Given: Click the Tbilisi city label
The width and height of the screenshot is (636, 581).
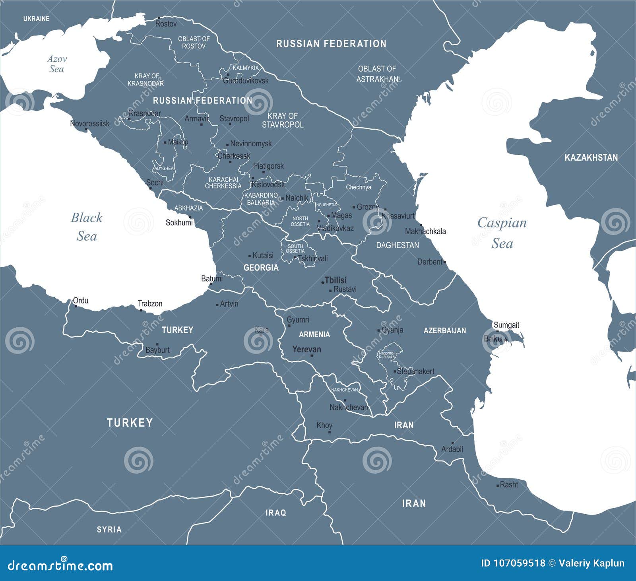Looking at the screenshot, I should pyautogui.click(x=336, y=280).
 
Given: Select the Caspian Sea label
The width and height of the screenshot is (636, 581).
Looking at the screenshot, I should pyautogui.click(x=502, y=233).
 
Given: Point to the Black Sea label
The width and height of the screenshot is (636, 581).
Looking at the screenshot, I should pyautogui.click(x=87, y=227).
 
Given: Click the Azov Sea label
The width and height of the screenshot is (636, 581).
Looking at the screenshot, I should pyautogui.click(x=56, y=64).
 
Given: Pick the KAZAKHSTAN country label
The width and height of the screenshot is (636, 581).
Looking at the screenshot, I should pyautogui.click(x=591, y=157).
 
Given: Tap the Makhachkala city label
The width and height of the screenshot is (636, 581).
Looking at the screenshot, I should pyautogui.click(x=425, y=231).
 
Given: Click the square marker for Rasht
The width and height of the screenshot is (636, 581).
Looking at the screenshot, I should pyautogui.click(x=498, y=485).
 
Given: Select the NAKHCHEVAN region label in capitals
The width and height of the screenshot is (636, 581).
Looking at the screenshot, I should pyautogui.click(x=344, y=390).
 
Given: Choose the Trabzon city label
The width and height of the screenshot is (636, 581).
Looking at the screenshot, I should pyautogui.click(x=150, y=303).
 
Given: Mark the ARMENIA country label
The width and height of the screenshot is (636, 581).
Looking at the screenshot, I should pyautogui.click(x=314, y=334).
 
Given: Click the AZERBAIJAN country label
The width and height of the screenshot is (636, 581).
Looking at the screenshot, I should pyautogui.click(x=444, y=330).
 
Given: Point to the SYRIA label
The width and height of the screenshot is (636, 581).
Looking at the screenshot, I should pyautogui.click(x=109, y=529).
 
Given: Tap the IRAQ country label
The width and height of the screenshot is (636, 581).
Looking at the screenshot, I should pyautogui.click(x=275, y=513).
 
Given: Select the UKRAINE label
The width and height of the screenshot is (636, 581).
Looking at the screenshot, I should pyautogui.click(x=36, y=19).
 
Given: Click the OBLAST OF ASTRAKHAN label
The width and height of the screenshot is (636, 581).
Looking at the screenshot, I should pyautogui.click(x=377, y=74).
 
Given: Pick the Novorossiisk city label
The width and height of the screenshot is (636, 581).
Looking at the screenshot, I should pyautogui.click(x=89, y=123).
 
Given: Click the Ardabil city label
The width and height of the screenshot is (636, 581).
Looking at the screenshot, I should pyautogui.click(x=452, y=449).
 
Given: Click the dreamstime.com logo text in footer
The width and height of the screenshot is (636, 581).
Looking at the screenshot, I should pyautogui.click(x=60, y=565).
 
